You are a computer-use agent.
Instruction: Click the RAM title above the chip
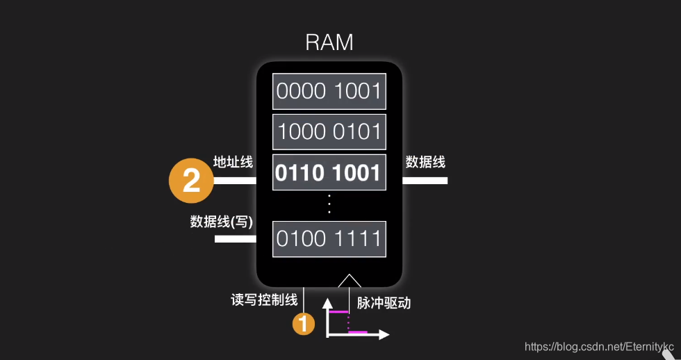click(x=329, y=42)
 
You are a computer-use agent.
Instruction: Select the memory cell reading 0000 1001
click(x=329, y=91)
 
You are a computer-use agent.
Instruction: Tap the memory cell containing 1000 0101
click(x=329, y=131)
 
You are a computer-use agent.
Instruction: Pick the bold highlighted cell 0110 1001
click(x=329, y=173)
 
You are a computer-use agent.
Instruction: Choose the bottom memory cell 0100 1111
click(x=329, y=239)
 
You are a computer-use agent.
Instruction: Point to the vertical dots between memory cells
click(x=329, y=204)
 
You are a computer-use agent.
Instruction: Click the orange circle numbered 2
click(x=190, y=181)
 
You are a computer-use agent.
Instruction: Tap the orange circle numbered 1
click(x=304, y=323)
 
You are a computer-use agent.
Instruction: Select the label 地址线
click(x=233, y=162)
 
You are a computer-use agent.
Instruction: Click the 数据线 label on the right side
click(x=425, y=162)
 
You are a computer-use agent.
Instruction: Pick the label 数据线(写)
click(x=222, y=222)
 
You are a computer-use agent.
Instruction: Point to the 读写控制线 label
click(x=264, y=300)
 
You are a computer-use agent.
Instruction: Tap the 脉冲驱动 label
click(x=384, y=303)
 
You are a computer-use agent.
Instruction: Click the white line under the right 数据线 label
click(x=425, y=181)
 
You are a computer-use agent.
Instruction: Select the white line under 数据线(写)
click(x=236, y=239)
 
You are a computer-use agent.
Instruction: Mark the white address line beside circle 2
click(x=236, y=181)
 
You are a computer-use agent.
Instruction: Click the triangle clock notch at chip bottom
click(x=349, y=281)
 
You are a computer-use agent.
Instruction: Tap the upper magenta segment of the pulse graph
click(x=338, y=312)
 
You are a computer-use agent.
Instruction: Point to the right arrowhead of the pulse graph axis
click(x=384, y=335)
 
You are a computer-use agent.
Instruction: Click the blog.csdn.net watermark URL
click(x=598, y=346)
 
